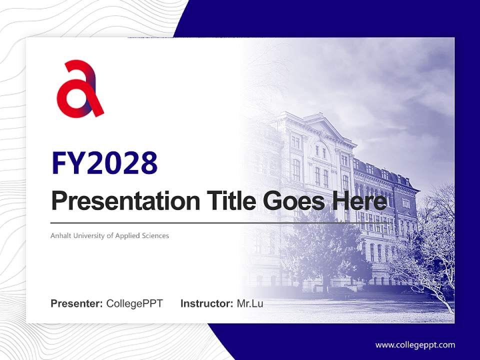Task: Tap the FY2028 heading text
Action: pos(105,163)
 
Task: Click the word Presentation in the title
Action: pos(126,201)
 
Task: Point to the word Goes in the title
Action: pos(293,201)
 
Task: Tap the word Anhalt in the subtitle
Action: pos(61,235)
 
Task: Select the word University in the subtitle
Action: pos(89,236)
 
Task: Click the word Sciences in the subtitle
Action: pos(155,235)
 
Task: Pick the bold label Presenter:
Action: pos(76,303)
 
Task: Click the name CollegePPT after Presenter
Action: pos(134,303)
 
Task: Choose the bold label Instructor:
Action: pos(207,303)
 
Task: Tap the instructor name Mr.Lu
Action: pos(250,303)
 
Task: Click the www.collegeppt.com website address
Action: pos(415,345)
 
